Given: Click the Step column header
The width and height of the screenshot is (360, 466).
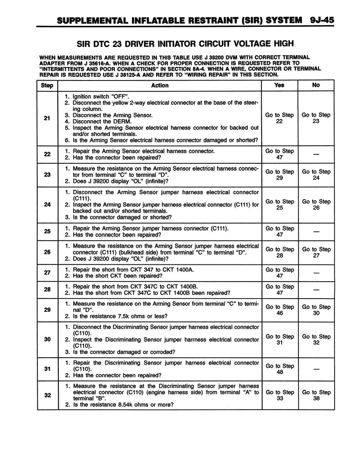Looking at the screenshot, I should click(x=47, y=85).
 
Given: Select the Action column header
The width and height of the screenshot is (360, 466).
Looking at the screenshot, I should click(x=159, y=85).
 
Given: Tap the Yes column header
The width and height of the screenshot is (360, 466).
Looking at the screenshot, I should click(x=279, y=85).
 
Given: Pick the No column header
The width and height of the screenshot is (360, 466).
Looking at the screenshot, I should click(x=316, y=85).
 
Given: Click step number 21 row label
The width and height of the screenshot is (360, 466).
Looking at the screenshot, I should click(x=47, y=118).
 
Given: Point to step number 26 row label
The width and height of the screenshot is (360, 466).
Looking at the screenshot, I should click(x=47, y=253).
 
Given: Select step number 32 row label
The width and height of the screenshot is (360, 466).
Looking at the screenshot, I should click(x=47, y=395).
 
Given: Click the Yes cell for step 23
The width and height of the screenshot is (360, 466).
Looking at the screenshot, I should click(x=279, y=175).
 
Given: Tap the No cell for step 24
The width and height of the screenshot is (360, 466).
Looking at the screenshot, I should click(x=316, y=204).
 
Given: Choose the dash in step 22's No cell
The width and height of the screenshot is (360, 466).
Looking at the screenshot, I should click(x=316, y=154).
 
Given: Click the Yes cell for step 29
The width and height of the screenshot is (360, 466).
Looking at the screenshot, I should click(x=279, y=310).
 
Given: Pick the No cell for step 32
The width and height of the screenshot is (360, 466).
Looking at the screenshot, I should click(x=316, y=395).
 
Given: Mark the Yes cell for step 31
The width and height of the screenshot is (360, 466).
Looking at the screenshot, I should click(x=279, y=369).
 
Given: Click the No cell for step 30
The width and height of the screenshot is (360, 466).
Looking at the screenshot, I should click(x=316, y=339).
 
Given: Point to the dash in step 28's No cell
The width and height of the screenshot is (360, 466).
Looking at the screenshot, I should click(x=316, y=290).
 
